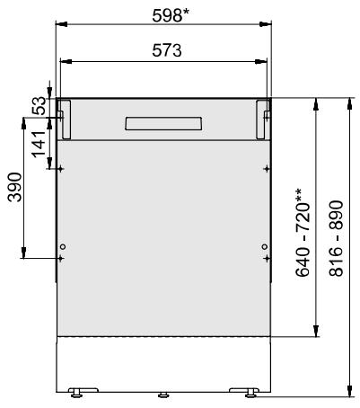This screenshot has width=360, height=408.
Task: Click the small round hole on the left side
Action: (x=63, y=247)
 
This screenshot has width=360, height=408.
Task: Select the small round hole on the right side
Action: (x=262, y=247)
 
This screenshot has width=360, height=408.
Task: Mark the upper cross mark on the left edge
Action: (x=60, y=168)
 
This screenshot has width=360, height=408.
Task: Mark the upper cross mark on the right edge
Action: (x=265, y=168)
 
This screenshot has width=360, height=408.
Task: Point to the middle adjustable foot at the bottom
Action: (x=162, y=393)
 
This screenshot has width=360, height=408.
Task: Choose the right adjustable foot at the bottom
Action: (x=248, y=391)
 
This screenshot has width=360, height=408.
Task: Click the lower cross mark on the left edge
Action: (x=60, y=258)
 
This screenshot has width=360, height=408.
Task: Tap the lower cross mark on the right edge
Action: (x=265, y=258)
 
